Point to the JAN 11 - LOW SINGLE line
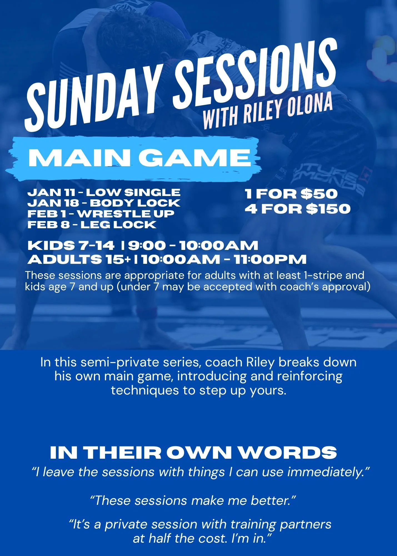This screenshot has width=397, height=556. [x=104, y=192]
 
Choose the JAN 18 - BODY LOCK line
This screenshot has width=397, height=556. [x=104, y=203]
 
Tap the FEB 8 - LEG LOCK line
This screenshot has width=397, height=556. [x=92, y=225]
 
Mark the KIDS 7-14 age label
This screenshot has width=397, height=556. [x=71, y=245]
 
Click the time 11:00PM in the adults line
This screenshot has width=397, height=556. [x=270, y=259]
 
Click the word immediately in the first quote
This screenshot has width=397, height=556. [x=328, y=472]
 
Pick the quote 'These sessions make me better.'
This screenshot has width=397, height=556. [x=193, y=500]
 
